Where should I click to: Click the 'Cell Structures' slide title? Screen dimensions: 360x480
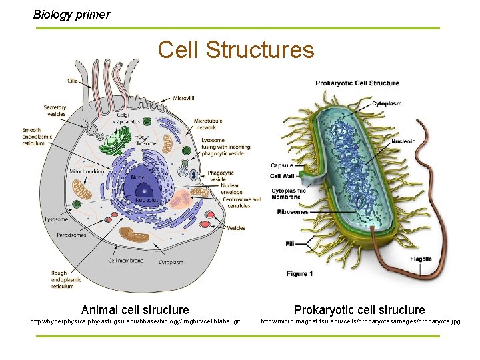[236, 50]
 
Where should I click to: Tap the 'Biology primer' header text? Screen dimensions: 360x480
[72, 14]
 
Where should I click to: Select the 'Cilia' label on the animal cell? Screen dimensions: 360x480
[72, 81]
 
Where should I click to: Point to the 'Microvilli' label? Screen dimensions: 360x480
[183, 98]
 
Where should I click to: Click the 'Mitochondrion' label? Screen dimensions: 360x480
[86, 171]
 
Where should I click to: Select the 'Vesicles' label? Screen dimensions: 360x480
[235, 228]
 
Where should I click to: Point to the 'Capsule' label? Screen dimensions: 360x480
[281, 166]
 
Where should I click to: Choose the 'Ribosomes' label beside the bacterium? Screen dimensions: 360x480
[293, 212]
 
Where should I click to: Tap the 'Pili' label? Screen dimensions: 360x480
[290, 244]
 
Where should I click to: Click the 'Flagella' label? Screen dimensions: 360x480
[421, 259]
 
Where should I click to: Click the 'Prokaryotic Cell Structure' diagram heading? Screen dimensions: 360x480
[357, 83]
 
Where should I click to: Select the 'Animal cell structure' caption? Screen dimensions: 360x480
[135, 309]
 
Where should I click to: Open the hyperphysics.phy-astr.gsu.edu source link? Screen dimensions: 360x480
[135, 322]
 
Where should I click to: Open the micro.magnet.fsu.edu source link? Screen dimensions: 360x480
[360, 322]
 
